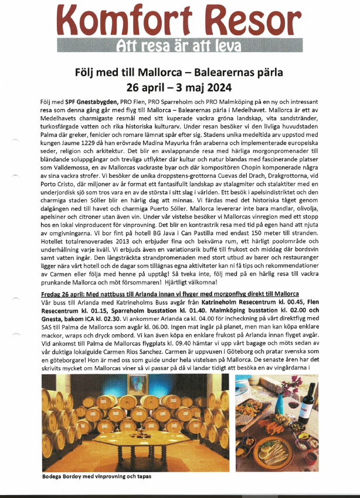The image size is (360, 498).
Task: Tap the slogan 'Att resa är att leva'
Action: pos(179,46)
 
